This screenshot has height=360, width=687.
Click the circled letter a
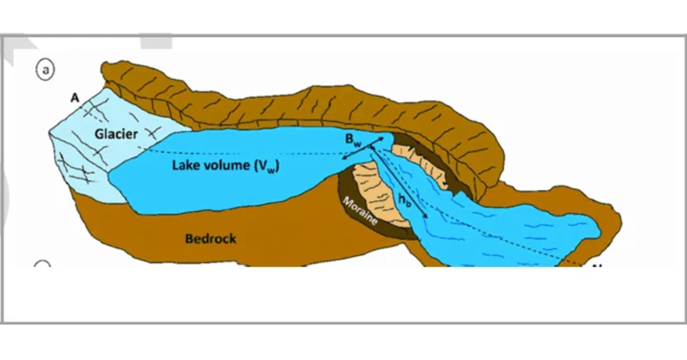(45, 70)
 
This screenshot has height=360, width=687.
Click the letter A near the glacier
(75, 98)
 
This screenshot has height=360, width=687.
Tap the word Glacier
(116, 134)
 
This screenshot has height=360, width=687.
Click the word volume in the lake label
(227, 165)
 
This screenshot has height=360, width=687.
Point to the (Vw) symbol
(267, 166)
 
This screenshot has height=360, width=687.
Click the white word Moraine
(360, 211)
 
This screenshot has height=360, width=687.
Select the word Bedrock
(210, 239)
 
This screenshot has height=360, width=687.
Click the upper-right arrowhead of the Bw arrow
(382, 139)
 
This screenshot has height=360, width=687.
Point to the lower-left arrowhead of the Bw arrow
(344, 158)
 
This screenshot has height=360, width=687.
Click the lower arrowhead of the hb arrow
(426, 216)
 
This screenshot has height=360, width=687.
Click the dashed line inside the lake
(245, 153)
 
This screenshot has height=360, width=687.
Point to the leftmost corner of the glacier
(49, 133)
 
